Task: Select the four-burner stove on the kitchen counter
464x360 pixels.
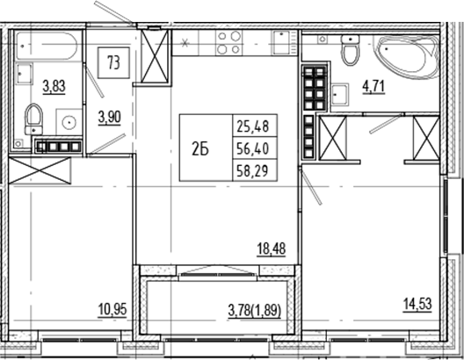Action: (x=228, y=43)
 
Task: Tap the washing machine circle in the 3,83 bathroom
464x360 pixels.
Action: (x=67, y=119)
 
